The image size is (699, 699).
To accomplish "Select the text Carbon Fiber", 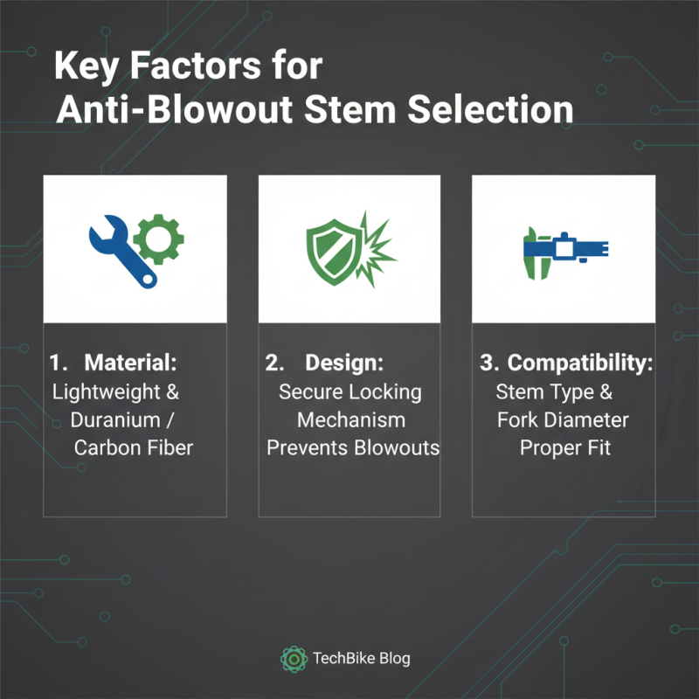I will (134, 448).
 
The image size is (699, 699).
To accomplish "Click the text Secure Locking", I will (350, 391).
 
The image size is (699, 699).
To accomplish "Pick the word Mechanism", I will (351, 420).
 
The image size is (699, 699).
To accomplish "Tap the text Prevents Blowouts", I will (352, 448).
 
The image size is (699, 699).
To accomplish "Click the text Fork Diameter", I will (563, 420).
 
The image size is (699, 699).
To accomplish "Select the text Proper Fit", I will (564, 448).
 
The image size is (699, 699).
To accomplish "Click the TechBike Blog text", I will (361, 659).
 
